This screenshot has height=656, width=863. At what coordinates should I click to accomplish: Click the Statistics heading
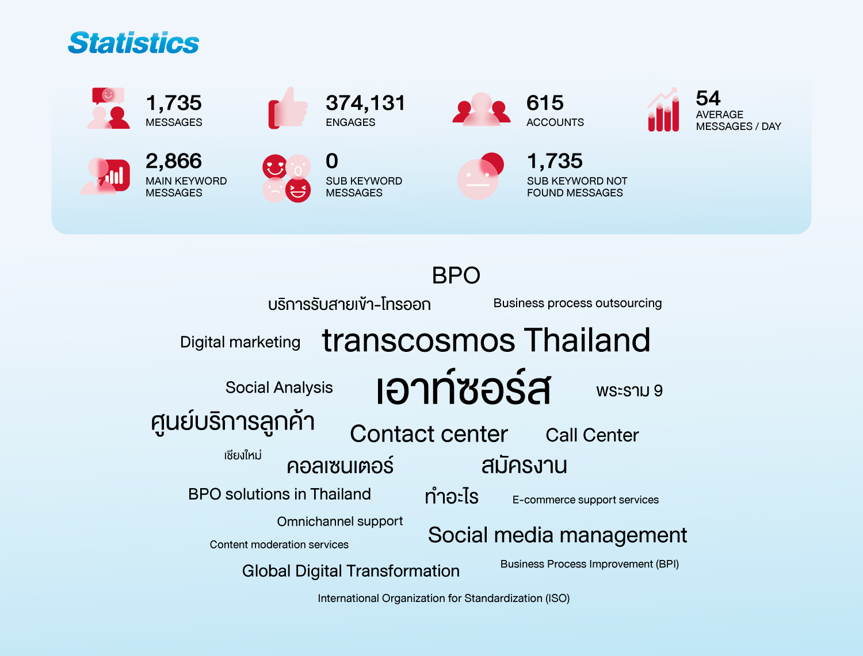(133, 43)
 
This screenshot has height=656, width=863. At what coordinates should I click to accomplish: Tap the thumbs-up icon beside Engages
(288, 108)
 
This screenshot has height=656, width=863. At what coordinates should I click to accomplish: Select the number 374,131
(365, 103)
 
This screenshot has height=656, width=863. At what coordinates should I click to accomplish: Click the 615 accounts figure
(545, 103)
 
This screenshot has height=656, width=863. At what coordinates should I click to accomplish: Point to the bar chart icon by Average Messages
(663, 110)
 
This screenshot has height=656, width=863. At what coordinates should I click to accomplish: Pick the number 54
(708, 98)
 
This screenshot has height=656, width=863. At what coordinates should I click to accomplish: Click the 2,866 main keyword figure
(173, 161)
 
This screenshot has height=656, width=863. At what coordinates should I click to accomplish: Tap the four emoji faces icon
(287, 178)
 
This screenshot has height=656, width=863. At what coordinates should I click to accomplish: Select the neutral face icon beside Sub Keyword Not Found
(480, 176)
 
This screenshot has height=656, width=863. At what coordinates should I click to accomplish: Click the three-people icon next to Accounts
(481, 109)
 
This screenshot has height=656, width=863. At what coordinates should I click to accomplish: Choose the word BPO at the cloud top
(456, 275)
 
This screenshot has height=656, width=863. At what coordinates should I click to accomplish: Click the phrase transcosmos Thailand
(486, 340)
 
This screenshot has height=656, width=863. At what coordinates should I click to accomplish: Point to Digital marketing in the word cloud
(240, 342)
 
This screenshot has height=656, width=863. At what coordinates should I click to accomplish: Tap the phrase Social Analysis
(279, 388)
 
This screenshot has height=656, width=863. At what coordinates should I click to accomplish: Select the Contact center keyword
(429, 434)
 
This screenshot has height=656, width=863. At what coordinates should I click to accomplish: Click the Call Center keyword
(592, 435)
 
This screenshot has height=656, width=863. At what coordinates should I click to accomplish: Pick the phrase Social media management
(557, 535)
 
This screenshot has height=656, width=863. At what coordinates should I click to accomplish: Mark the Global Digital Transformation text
(351, 571)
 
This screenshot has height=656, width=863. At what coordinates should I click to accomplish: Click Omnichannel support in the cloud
(339, 521)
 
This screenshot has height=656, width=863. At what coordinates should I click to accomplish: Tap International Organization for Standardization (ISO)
(444, 599)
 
